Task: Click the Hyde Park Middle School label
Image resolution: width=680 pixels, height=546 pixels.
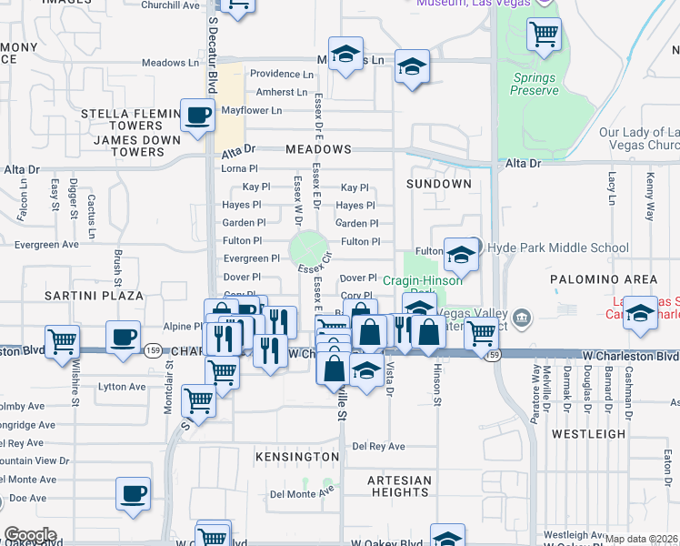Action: click(558, 248)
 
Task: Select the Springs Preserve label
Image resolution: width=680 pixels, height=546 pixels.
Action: click(535, 85)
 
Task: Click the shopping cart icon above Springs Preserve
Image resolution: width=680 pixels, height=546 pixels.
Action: click(544, 35)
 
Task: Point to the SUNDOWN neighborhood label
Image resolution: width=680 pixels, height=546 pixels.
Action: click(439, 184)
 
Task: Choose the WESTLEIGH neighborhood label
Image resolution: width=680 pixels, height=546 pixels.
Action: click(589, 434)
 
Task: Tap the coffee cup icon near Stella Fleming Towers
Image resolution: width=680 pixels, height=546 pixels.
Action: click(197, 116)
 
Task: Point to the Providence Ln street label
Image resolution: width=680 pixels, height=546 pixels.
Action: click(282, 74)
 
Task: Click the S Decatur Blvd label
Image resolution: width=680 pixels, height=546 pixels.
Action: click(213, 55)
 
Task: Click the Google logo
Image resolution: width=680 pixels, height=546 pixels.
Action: click(30, 535)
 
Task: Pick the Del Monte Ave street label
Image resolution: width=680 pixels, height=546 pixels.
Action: click(302, 493)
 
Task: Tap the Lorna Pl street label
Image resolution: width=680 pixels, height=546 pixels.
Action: click(240, 168)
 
